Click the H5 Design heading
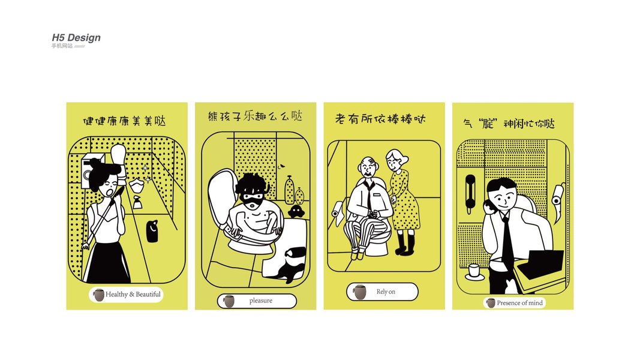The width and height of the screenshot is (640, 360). point(76,38)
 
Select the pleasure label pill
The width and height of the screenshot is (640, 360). point(257,301)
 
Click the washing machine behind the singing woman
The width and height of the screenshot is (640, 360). point(90,172)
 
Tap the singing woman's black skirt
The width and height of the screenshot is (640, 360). point(107,262)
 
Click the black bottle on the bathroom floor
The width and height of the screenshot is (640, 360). point(152,231)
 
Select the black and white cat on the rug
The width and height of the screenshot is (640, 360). point(290,265)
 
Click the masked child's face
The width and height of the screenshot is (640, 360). point(253,200)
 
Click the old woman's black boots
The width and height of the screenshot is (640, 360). point(405,243)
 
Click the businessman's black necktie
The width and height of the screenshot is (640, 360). point(507,240)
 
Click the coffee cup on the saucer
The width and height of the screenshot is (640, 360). point(474,271)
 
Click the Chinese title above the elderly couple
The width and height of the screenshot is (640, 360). point(380,119)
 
